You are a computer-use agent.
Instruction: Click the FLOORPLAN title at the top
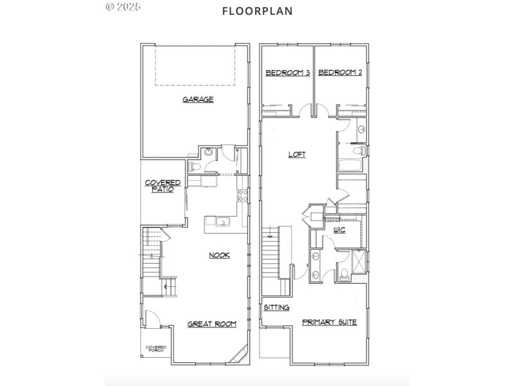tap(248, 11)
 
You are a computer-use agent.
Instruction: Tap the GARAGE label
tap(198, 100)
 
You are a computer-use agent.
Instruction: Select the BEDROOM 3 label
tap(288, 73)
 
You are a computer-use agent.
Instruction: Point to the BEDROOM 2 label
tap(340, 73)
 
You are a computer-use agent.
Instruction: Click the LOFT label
tap(297, 154)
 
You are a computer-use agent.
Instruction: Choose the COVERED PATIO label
tap(163, 186)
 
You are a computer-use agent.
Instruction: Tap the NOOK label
tap(219, 255)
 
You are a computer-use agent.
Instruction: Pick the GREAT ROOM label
tap(212, 324)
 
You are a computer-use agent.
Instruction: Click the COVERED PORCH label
tap(155, 349)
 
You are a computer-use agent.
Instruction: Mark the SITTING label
tap(276, 308)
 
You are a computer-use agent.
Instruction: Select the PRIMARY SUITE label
tap(329, 322)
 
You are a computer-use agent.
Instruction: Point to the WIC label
tap(340, 230)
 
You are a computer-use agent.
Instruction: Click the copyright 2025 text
tap(123, 6)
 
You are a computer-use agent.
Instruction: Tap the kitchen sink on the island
tap(222, 223)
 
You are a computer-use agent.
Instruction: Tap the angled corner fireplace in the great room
tap(241, 354)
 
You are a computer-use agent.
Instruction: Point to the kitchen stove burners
tap(242, 192)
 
